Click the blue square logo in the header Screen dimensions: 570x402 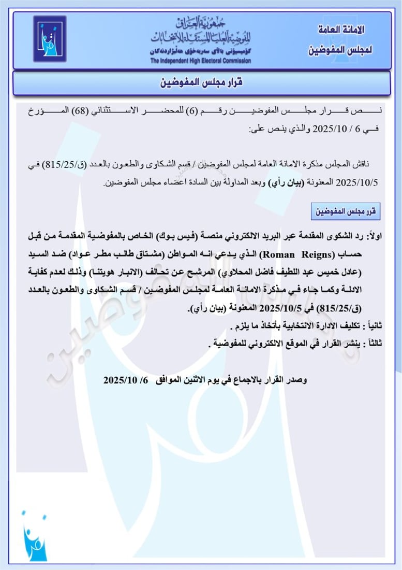point(50,39)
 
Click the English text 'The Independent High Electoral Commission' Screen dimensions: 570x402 point(201,61)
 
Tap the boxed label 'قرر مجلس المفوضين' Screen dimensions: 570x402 point(346,211)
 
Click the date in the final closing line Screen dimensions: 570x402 point(126,379)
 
